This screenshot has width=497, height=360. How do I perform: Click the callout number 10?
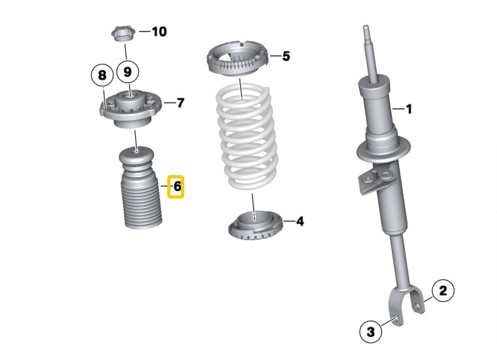coord(159,31)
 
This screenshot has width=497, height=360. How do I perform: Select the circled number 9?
coord(128,71)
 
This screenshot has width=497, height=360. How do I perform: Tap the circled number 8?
coord(102,75)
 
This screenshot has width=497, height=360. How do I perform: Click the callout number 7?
coord(180,103)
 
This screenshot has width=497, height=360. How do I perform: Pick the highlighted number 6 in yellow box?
coord(176,188)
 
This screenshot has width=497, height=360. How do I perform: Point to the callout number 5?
coord(285,56)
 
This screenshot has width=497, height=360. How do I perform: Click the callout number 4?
coord(299,221)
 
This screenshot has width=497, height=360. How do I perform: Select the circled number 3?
coord(371,332)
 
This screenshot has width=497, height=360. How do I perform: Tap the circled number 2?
coord(443,290)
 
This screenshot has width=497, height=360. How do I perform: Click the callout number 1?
coord(409,109)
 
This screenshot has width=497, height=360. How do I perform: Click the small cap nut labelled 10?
coord(121,33)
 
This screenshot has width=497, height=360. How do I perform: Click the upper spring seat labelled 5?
coord(239,61)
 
